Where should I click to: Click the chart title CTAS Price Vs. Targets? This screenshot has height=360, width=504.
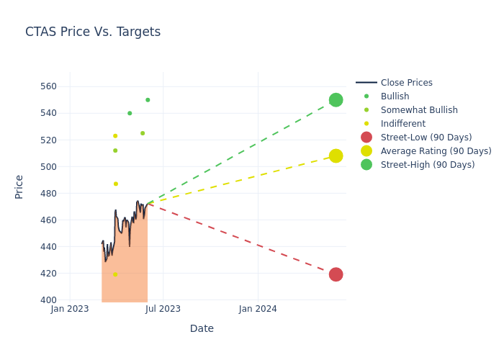(93, 32)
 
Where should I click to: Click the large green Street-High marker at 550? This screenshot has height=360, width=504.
(336, 100)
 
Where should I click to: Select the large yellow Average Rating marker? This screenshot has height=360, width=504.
(336, 156)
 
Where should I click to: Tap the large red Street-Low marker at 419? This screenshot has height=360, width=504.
(336, 274)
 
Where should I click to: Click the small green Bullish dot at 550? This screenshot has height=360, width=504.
(148, 100)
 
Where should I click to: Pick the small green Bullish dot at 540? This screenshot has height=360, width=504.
(130, 113)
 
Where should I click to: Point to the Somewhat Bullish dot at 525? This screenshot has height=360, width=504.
(143, 133)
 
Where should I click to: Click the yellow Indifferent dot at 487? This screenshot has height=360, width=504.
(115, 184)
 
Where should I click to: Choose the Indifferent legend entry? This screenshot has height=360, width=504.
(402, 124)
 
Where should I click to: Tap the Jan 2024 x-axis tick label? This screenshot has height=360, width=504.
(258, 309)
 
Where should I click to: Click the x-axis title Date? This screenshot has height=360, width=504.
(202, 329)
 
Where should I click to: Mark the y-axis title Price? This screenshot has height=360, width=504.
(19, 186)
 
